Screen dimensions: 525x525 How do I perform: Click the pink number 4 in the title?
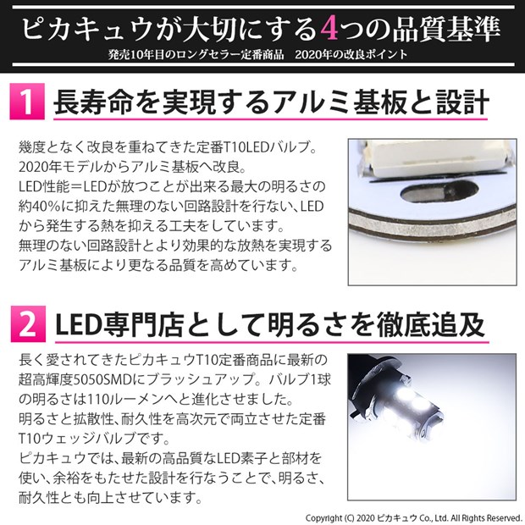329,29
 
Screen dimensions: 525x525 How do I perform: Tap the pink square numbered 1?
27,102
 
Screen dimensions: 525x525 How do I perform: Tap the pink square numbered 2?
28,324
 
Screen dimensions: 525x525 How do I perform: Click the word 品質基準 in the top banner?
446,29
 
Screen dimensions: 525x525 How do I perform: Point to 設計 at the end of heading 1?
462,102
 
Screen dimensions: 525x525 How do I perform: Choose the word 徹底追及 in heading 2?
431,325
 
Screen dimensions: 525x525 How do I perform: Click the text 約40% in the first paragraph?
40,207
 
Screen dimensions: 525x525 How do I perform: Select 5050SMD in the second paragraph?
102,379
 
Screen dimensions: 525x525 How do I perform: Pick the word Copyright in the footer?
323,518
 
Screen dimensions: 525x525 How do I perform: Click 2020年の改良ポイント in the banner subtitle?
351,54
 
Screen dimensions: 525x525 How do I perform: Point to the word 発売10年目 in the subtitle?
141,54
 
